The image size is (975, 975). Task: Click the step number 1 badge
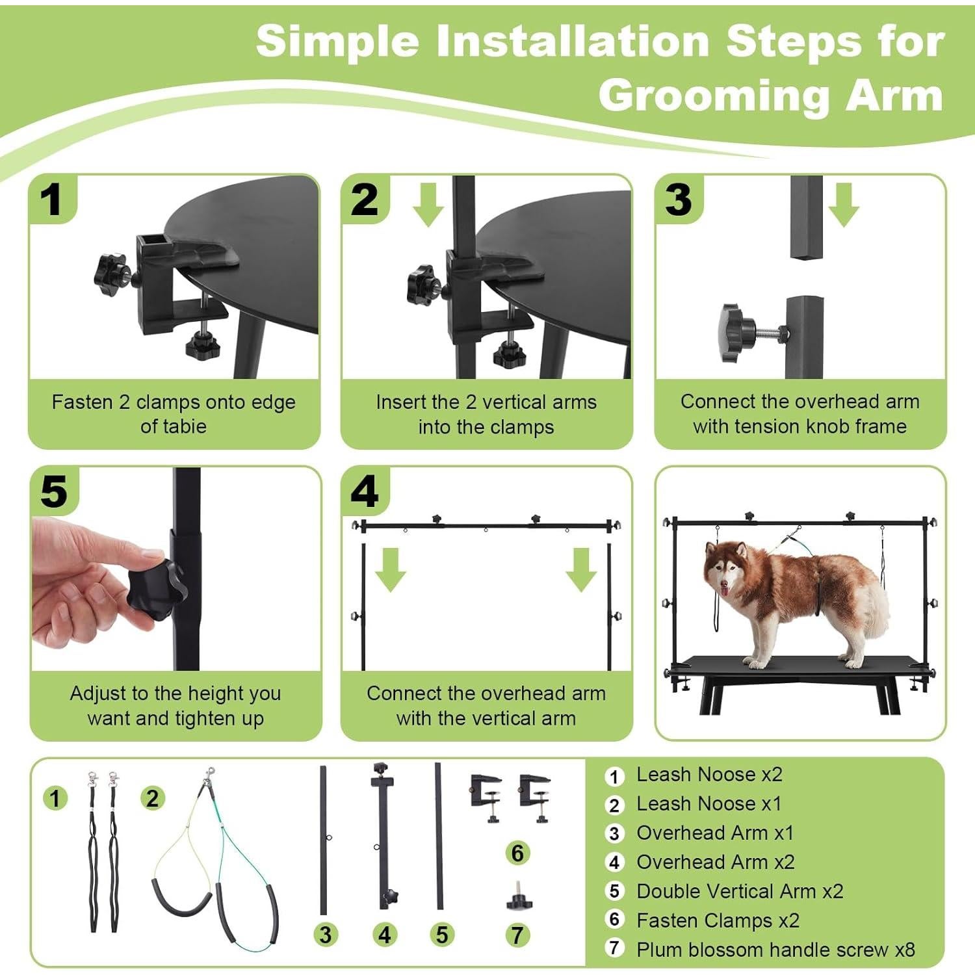tap(52, 199)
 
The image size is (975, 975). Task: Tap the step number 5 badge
tap(53, 491)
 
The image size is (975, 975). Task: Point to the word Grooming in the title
tap(714, 96)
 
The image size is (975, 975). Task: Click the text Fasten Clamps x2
tap(718, 920)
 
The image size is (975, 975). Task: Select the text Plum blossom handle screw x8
tap(775, 950)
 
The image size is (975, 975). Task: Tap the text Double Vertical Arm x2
tap(740, 891)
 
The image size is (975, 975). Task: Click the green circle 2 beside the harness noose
tap(152, 798)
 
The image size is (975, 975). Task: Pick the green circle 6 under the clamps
tap(517, 853)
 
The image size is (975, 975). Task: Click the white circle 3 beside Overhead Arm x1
tap(614, 833)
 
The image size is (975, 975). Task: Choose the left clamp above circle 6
tap(486, 796)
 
